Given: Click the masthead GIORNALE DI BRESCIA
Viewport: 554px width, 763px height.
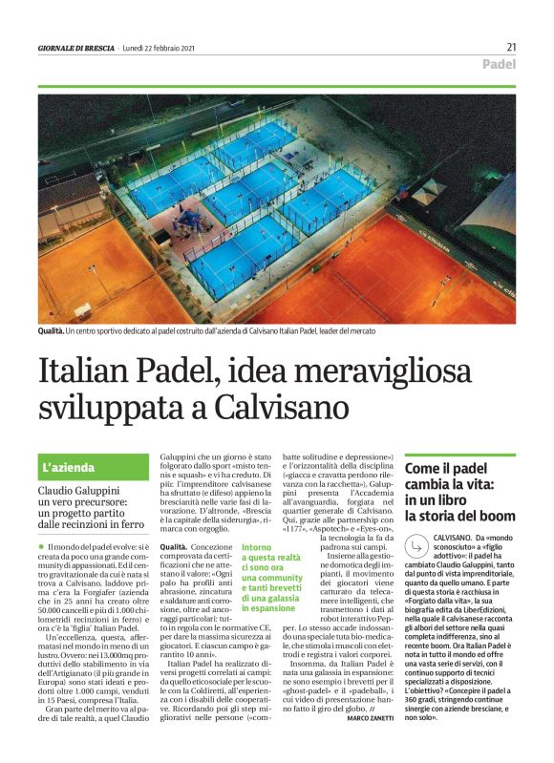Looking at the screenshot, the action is tap(77, 47).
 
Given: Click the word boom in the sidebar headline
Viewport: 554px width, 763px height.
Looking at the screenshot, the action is tap(493, 517).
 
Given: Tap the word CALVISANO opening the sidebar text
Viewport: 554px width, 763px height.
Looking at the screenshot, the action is tap(454, 540).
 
